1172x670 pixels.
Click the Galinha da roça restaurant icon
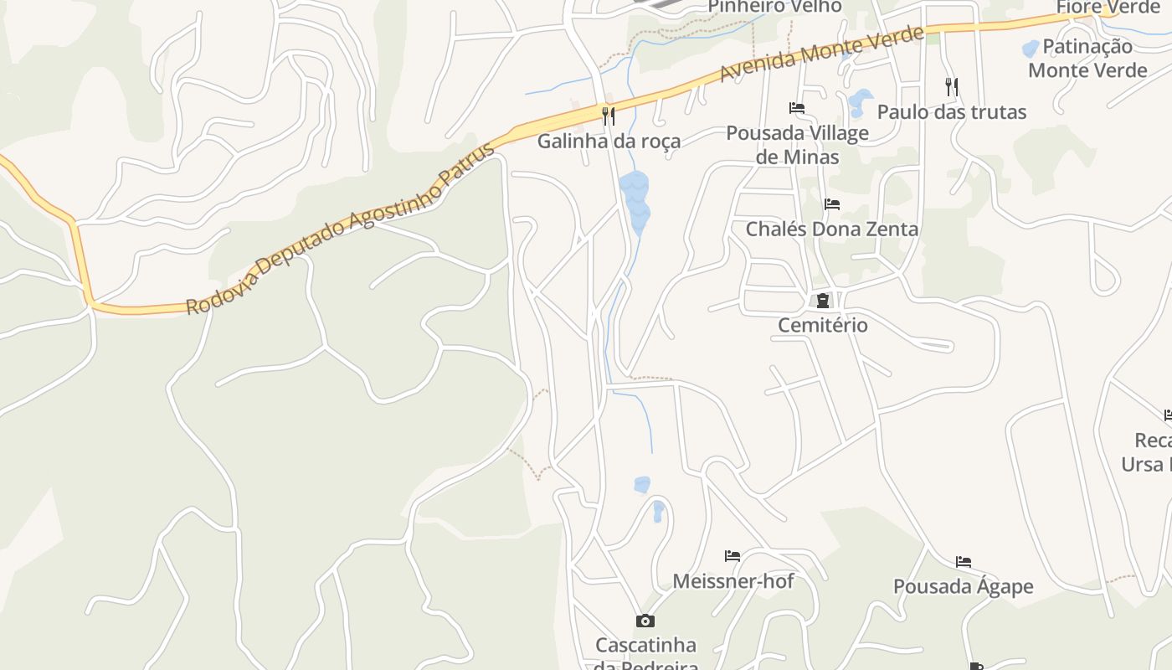pyautogui.click(x=609, y=116)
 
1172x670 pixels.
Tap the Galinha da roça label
pyautogui.click(x=609, y=141)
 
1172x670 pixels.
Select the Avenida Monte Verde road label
pyautogui.click(x=821, y=54)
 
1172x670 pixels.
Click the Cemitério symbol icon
pyautogui.click(x=823, y=301)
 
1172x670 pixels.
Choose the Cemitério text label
pyautogui.click(x=823, y=325)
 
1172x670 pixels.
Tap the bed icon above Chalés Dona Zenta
pyautogui.click(x=831, y=204)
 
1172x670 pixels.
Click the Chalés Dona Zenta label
pyautogui.click(x=831, y=229)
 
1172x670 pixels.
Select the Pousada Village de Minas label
pyautogui.click(x=797, y=144)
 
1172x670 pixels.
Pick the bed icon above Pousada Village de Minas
pyautogui.click(x=797, y=108)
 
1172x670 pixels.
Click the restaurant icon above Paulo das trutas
pyautogui.click(x=951, y=86)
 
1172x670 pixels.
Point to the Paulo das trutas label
pyautogui.click(x=951, y=111)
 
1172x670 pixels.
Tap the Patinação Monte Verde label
pyautogui.click(x=1087, y=58)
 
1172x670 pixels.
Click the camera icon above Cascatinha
pyautogui.click(x=645, y=621)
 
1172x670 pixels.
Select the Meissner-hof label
pyautogui.click(x=733, y=580)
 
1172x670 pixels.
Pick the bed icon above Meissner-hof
pyautogui.click(x=732, y=556)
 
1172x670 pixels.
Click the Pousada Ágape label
pyautogui.click(x=963, y=586)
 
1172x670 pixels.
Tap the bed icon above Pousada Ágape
pyautogui.click(x=964, y=562)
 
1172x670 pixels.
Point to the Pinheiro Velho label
pyautogui.click(x=774, y=7)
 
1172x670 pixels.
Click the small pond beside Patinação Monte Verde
pyautogui.click(x=1031, y=49)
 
